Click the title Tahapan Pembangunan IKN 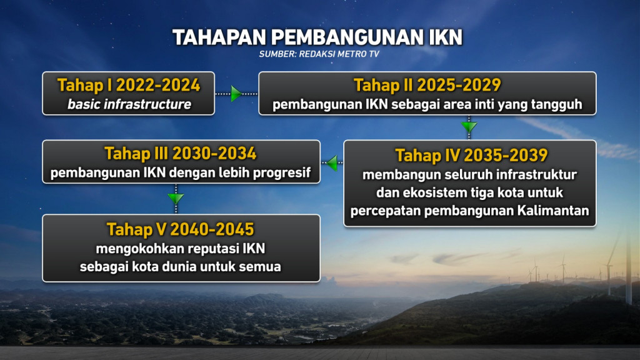coord(317,37)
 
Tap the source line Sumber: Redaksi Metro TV coord(319,54)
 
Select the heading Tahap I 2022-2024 coord(129,85)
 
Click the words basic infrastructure coord(129,104)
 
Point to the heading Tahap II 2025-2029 coord(427,85)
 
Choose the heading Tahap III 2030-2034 coord(181,153)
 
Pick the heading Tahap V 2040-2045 coord(181,229)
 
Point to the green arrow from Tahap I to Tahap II coord(236,94)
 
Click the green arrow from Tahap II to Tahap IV coord(469,127)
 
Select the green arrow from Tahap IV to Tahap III coord(332,164)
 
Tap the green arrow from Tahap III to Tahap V coord(176,199)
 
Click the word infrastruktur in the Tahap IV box coord(537,174)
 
